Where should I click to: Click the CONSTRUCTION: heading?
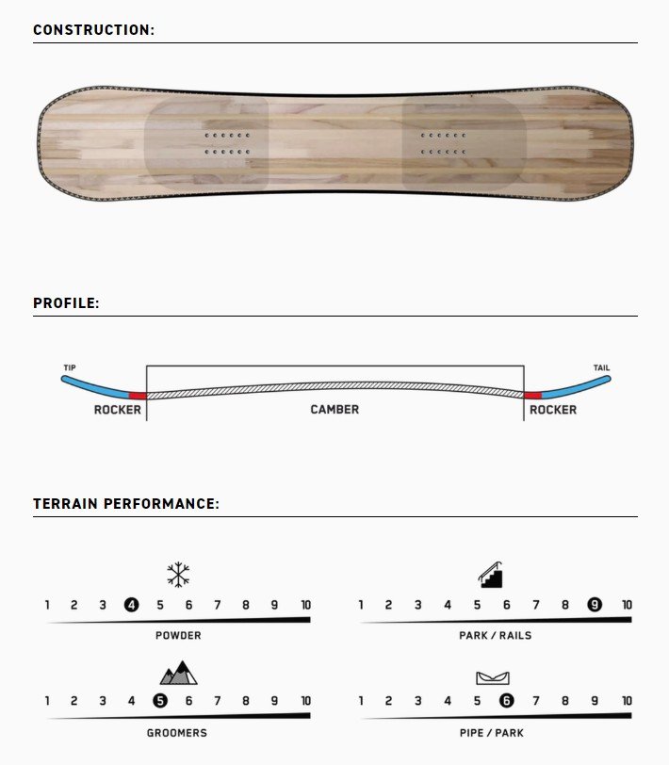93,30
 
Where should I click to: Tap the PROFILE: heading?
66,303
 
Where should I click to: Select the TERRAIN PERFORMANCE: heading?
126,503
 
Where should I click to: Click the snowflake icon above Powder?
178,575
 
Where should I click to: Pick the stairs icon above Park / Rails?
490,575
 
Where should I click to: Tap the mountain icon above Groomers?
179,673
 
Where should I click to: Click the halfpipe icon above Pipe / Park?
493,677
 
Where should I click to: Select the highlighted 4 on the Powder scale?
131,605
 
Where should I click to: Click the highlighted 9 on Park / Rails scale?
595,605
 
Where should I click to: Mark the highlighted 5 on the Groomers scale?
160,701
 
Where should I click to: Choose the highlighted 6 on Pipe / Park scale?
507,701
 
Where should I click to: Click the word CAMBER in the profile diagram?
334,409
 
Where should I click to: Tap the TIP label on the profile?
70,367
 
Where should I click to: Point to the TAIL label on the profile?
602,367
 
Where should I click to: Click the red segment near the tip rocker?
138,395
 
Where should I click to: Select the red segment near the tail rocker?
533,395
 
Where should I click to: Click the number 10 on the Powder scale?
306,605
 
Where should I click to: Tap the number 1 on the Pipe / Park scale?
361,701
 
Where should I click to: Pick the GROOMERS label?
177,733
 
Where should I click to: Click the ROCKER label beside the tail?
553,410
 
